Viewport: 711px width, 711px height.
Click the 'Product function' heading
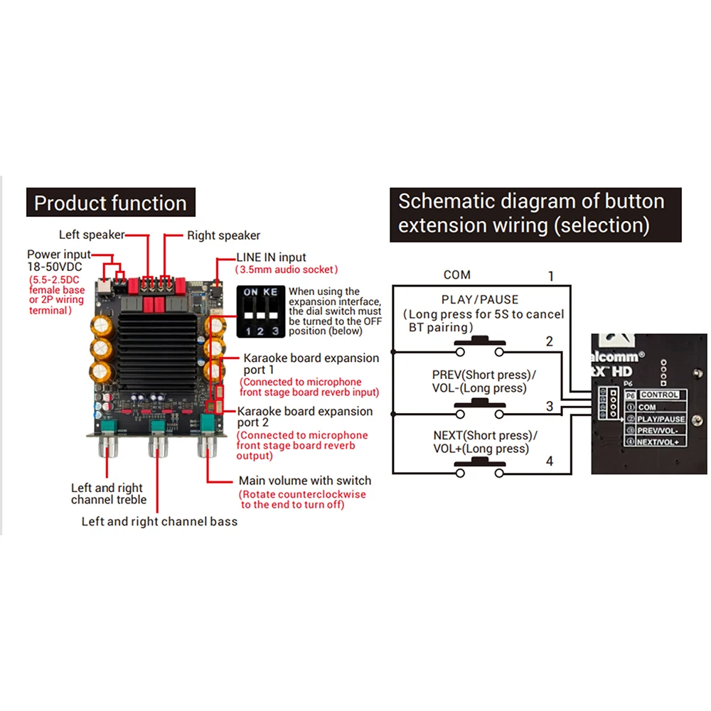coord(110,204)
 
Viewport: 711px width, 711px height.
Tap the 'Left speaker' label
coord(92,235)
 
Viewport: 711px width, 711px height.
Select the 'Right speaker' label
coord(223,235)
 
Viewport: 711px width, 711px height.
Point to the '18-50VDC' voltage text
coord(55,267)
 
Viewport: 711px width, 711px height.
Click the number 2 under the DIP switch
coord(262,331)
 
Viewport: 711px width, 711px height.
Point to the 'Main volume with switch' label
coord(304,481)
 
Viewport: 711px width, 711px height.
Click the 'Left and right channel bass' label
coord(159,521)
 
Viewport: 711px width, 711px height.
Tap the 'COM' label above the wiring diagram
coord(456,274)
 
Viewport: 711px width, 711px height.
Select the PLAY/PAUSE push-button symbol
coord(480,346)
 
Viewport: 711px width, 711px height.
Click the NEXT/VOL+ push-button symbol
coord(480,467)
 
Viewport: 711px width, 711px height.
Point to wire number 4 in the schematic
coord(549,461)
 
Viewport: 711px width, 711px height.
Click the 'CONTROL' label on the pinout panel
coord(659,395)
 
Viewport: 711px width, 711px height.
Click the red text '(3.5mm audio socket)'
coord(287,270)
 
